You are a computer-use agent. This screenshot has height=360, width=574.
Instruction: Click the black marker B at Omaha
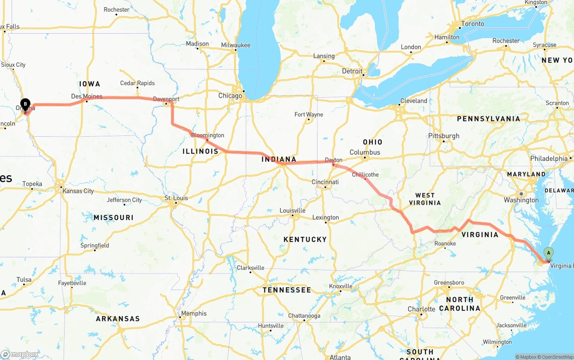[26, 104]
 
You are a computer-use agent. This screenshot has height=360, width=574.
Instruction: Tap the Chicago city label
[230, 95]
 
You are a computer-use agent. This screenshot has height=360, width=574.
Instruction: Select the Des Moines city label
[87, 96]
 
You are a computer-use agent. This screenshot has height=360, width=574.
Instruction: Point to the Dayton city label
[333, 160]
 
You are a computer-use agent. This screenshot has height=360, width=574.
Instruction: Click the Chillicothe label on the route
[365, 174]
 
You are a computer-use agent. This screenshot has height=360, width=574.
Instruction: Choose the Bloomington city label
[207, 135]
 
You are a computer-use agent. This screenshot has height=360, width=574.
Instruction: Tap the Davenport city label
[166, 99]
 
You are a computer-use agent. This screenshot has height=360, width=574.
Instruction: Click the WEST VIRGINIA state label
[425, 199]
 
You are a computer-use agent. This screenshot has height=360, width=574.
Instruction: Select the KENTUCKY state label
[305, 239]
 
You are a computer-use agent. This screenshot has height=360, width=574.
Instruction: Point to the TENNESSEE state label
[287, 290]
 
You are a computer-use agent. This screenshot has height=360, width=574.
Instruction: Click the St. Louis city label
[176, 198]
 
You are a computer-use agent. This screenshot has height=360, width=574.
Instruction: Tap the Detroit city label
[352, 71]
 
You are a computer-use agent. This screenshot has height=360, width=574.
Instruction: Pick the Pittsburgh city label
[444, 136]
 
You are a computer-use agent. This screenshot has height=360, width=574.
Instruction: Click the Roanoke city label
[445, 243]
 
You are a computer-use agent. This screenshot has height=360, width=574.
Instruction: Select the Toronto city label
[473, 24]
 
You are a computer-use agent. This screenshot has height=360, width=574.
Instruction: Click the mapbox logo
[20, 354]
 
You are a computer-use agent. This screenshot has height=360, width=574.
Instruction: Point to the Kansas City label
[78, 191]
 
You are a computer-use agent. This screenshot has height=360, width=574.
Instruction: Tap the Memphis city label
[194, 313]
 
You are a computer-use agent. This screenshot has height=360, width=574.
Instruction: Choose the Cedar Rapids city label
[137, 83]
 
